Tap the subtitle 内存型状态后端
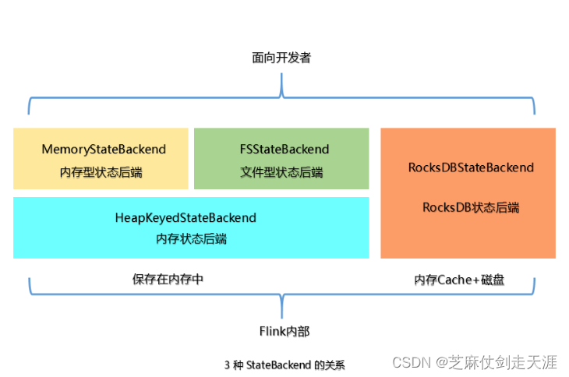tap(101, 172)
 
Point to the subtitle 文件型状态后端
tap(281, 172)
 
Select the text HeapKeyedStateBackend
tap(192, 217)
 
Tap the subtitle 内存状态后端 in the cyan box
tap(192, 239)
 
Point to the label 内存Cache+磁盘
tap(459, 280)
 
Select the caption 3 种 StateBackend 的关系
tap(284, 365)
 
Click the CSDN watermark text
tap(412, 362)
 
